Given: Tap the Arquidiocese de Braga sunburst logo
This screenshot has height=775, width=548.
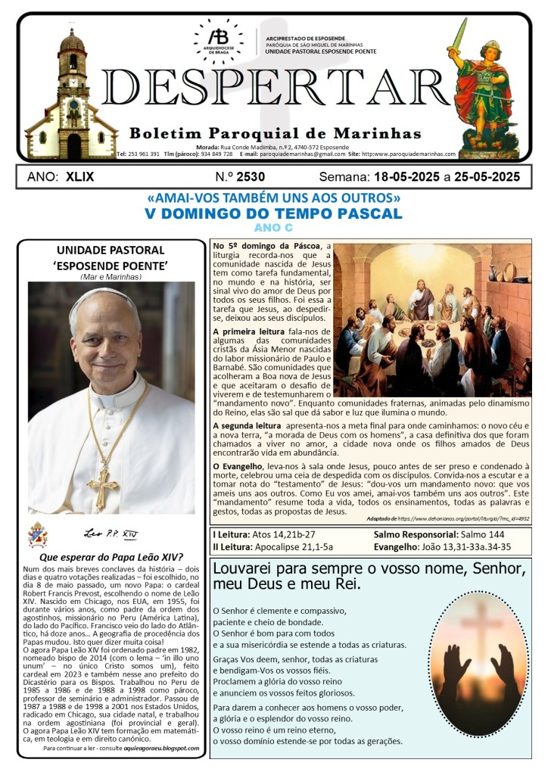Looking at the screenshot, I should (x=217, y=41).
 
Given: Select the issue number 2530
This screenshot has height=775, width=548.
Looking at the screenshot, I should (x=241, y=177).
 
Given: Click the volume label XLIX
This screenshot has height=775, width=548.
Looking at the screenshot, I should (x=82, y=177).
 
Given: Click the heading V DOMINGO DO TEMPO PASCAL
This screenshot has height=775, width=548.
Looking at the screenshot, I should (x=273, y=213).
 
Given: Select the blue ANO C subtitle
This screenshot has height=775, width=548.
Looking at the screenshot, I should (x=273, y=228).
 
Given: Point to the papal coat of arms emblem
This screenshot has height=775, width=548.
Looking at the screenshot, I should (x=37, y=535).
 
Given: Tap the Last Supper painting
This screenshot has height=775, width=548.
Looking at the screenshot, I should (x=432, y=319).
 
